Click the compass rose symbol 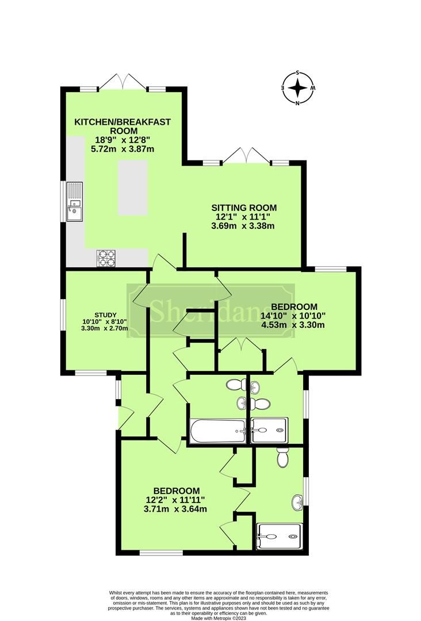[x=297, y=88]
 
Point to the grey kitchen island [x=132, y=188]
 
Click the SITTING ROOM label [x=244, y=208]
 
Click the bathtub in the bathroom [x=217, y=431]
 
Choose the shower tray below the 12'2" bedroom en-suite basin [x=278, y=537]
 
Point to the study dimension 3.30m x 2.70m [x=104, y=328]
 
